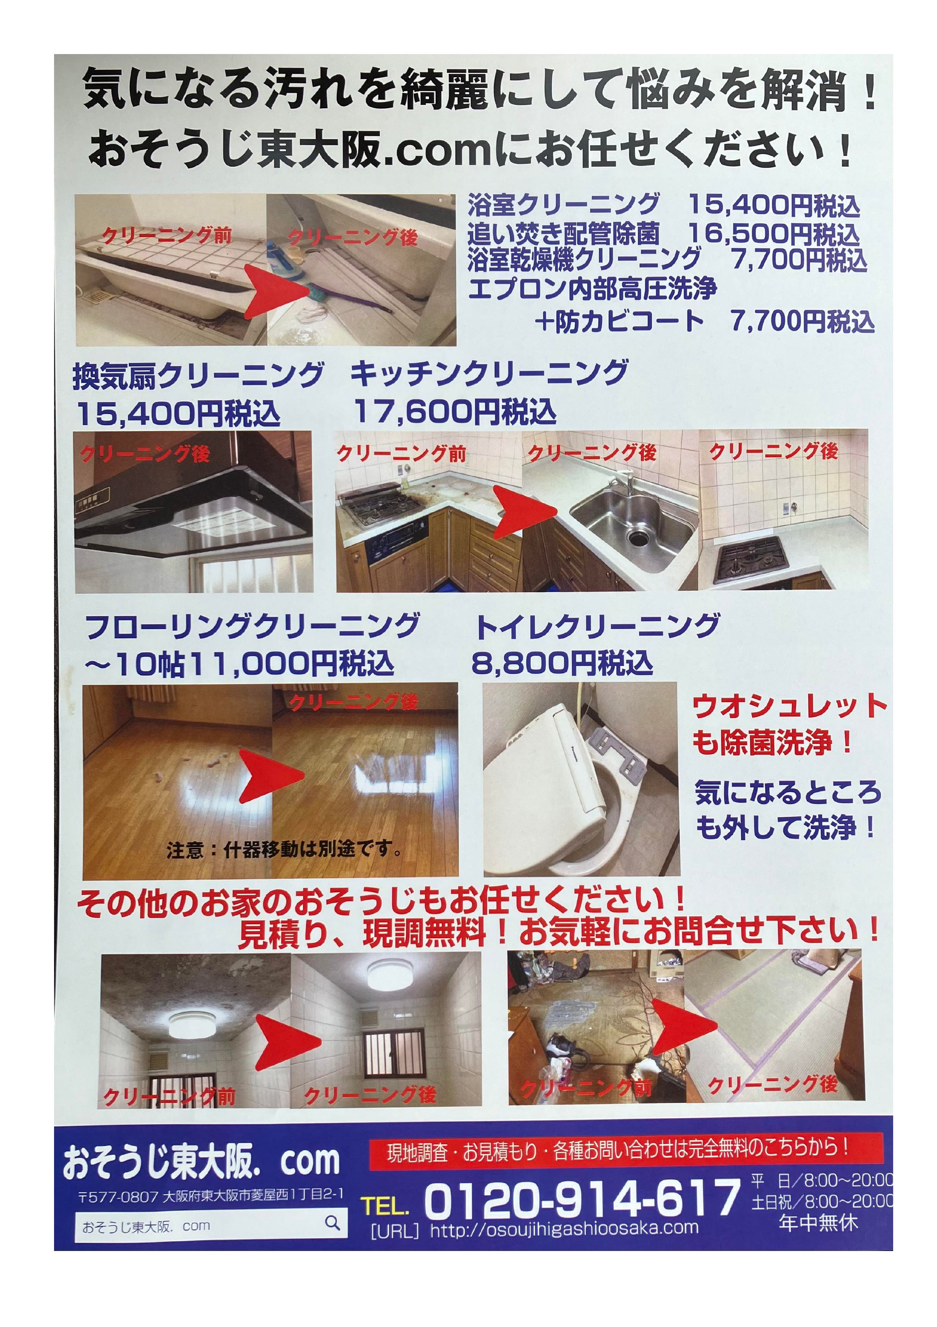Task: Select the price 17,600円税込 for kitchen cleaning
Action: point(455,411)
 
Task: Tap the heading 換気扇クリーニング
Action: point(198,376)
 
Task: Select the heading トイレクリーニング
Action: point(597,626)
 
